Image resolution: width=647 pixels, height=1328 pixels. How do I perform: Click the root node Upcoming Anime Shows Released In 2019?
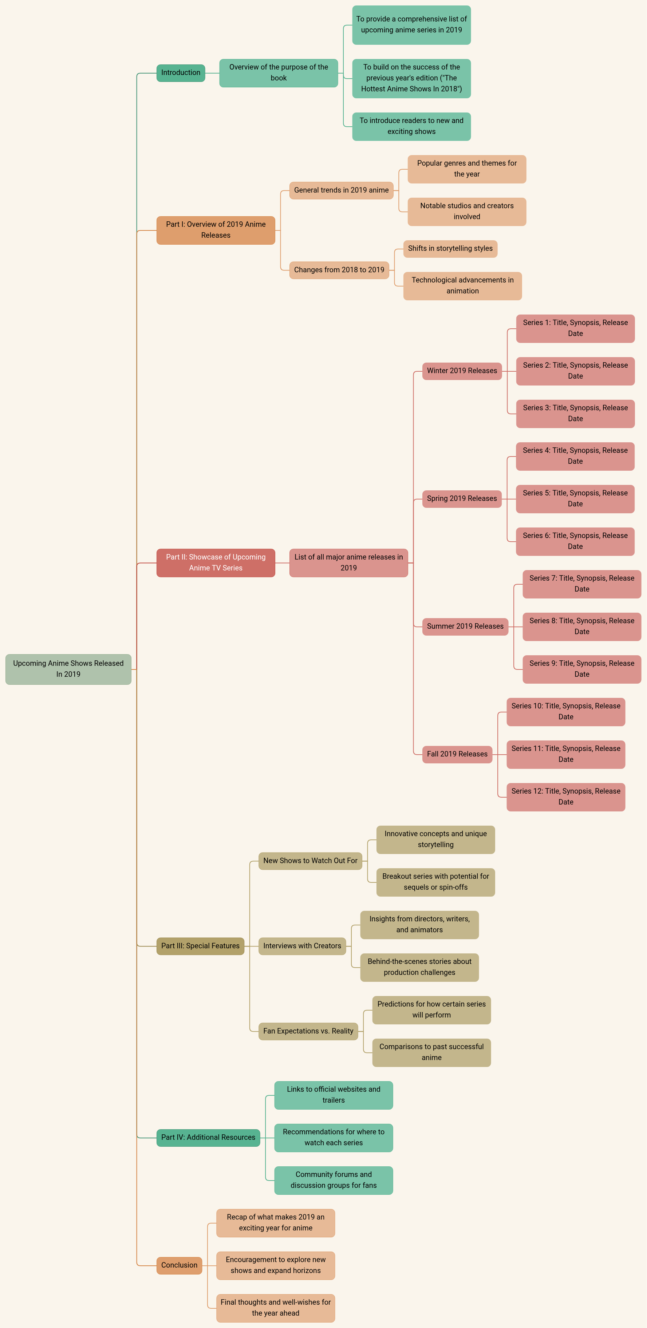click(68, 669)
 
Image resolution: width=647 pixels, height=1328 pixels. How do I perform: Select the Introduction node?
click(181, 73)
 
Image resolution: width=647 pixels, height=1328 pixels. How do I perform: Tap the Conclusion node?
click(179, 1265)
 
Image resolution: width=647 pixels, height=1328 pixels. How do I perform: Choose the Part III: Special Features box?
click(200, 946)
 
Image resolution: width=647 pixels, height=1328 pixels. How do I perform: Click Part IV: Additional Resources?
click(208, 1137)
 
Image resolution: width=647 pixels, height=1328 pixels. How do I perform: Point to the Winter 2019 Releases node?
click(462, 371)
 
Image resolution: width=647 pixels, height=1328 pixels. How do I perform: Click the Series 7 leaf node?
click(581, 584)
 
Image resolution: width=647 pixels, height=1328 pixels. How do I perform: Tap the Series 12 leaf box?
click(565, 797)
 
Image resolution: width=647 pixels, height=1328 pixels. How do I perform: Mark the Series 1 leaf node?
click(575, 328)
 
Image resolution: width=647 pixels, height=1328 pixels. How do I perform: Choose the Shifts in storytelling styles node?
click(450, 249)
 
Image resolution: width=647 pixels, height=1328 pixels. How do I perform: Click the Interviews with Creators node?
click(302, 946)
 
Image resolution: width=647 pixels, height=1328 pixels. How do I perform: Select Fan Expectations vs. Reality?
click(308, 1031)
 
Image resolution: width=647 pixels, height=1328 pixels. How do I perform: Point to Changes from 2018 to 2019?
click(339, 270)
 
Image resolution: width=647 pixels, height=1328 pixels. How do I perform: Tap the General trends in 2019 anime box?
click(341, 190)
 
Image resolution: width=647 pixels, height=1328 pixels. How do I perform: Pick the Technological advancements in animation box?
click(462, 286)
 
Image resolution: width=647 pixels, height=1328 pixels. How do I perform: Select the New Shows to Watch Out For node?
click(310, 861)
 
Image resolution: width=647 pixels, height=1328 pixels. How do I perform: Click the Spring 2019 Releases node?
click(462, 498)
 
